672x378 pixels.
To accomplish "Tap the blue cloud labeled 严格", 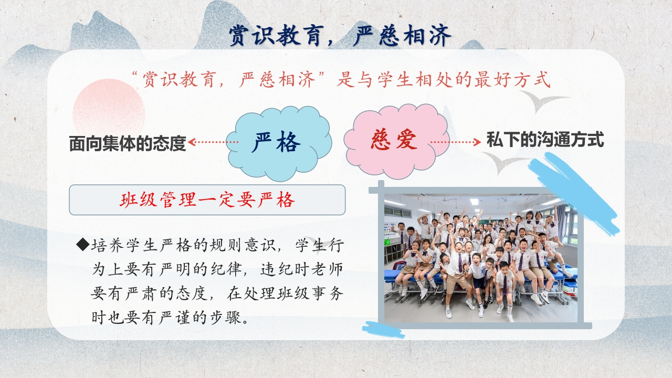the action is tap(279, 143).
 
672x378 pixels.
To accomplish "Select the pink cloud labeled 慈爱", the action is tap(396, 141).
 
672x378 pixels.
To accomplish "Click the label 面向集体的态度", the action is tap(128, 143).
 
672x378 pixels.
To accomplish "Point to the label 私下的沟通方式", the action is tap(545, 140).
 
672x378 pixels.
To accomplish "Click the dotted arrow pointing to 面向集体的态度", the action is tap(213, 142).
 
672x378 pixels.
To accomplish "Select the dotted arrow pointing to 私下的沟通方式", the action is tap(456, 142).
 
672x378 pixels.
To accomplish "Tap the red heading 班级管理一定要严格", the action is tap(207, 200).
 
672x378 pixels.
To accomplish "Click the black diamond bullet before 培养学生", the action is tap(83, 245).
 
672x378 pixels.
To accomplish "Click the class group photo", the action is tap(481, 258).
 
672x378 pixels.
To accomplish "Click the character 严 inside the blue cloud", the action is tap(263, 142).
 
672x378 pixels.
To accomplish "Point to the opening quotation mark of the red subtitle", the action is tap(135, 74).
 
